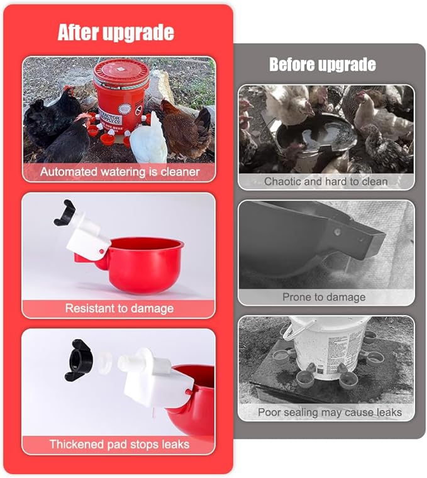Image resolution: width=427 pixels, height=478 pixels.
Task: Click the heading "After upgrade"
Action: [116, 32]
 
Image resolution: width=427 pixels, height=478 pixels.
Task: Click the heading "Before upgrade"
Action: [323, 65]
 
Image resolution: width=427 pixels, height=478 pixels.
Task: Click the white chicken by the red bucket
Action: [149, 140]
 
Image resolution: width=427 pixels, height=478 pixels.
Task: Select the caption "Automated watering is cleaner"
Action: [119, 172]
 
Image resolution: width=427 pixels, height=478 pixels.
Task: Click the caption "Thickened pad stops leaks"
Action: [119, 444]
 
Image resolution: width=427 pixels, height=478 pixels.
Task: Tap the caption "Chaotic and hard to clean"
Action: [326, 181]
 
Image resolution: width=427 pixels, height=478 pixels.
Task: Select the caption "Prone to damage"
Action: [324, 297]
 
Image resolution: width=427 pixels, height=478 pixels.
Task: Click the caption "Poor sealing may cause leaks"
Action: [330, 412]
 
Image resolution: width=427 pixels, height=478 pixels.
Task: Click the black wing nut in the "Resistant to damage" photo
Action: [65, 212]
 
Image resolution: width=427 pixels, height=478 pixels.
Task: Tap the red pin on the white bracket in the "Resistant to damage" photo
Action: [101, 252]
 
